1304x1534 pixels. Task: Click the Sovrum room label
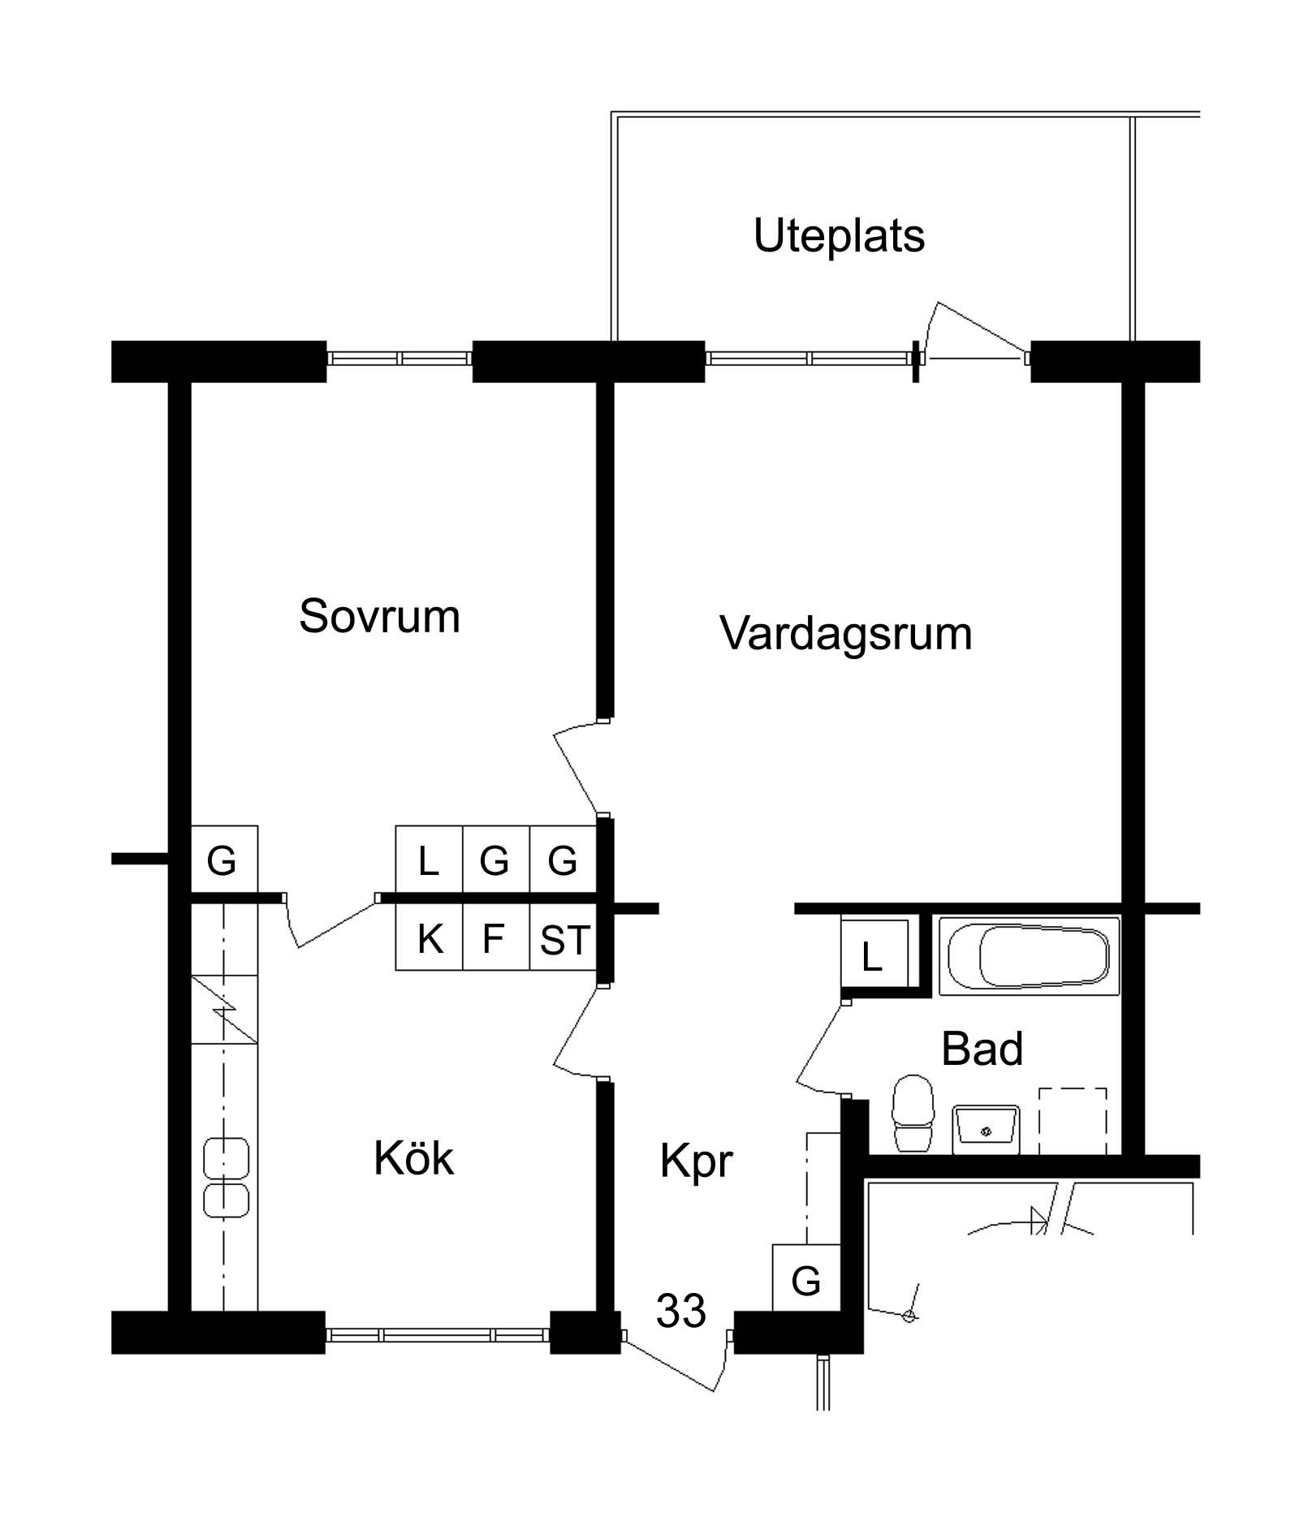(379, 616)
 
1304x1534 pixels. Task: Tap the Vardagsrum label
(845, 634)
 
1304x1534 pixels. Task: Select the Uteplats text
(839, 236)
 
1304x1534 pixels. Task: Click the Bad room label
(982, 1049)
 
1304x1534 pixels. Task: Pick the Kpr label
(696, 1161)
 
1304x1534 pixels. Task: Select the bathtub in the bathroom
(1030, 955)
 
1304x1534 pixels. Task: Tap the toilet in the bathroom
(913, 1113)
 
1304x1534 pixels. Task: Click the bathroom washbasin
(986, 1128)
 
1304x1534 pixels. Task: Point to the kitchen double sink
(227, 1178)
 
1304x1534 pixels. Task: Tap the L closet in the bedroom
(429, 860)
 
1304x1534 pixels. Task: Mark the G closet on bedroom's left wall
(224, 860)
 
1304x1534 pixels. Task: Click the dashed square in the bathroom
(1073, 1121)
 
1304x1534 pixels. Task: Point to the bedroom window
(399, 358)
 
